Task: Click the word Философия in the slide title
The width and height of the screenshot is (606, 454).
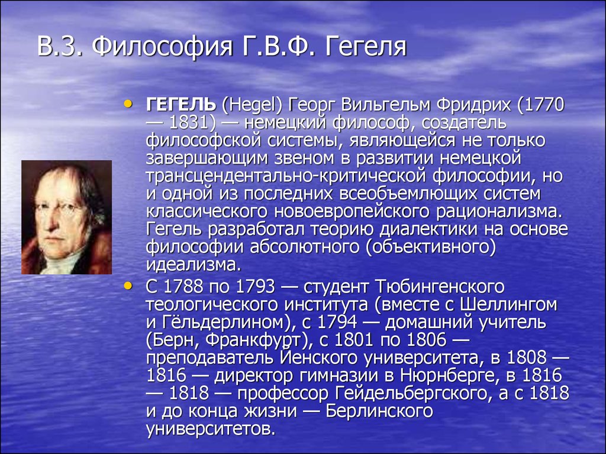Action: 162,47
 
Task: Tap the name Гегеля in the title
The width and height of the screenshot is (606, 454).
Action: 365,47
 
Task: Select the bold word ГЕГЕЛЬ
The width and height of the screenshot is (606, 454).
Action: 181,105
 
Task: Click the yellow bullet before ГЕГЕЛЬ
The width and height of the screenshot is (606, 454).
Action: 128,103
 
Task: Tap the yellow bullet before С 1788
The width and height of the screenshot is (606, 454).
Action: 128,286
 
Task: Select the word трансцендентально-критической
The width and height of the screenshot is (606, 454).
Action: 286,176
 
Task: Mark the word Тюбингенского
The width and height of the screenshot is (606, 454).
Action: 440,287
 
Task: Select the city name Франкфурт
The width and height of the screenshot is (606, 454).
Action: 253,340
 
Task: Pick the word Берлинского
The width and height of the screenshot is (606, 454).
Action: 379,411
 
